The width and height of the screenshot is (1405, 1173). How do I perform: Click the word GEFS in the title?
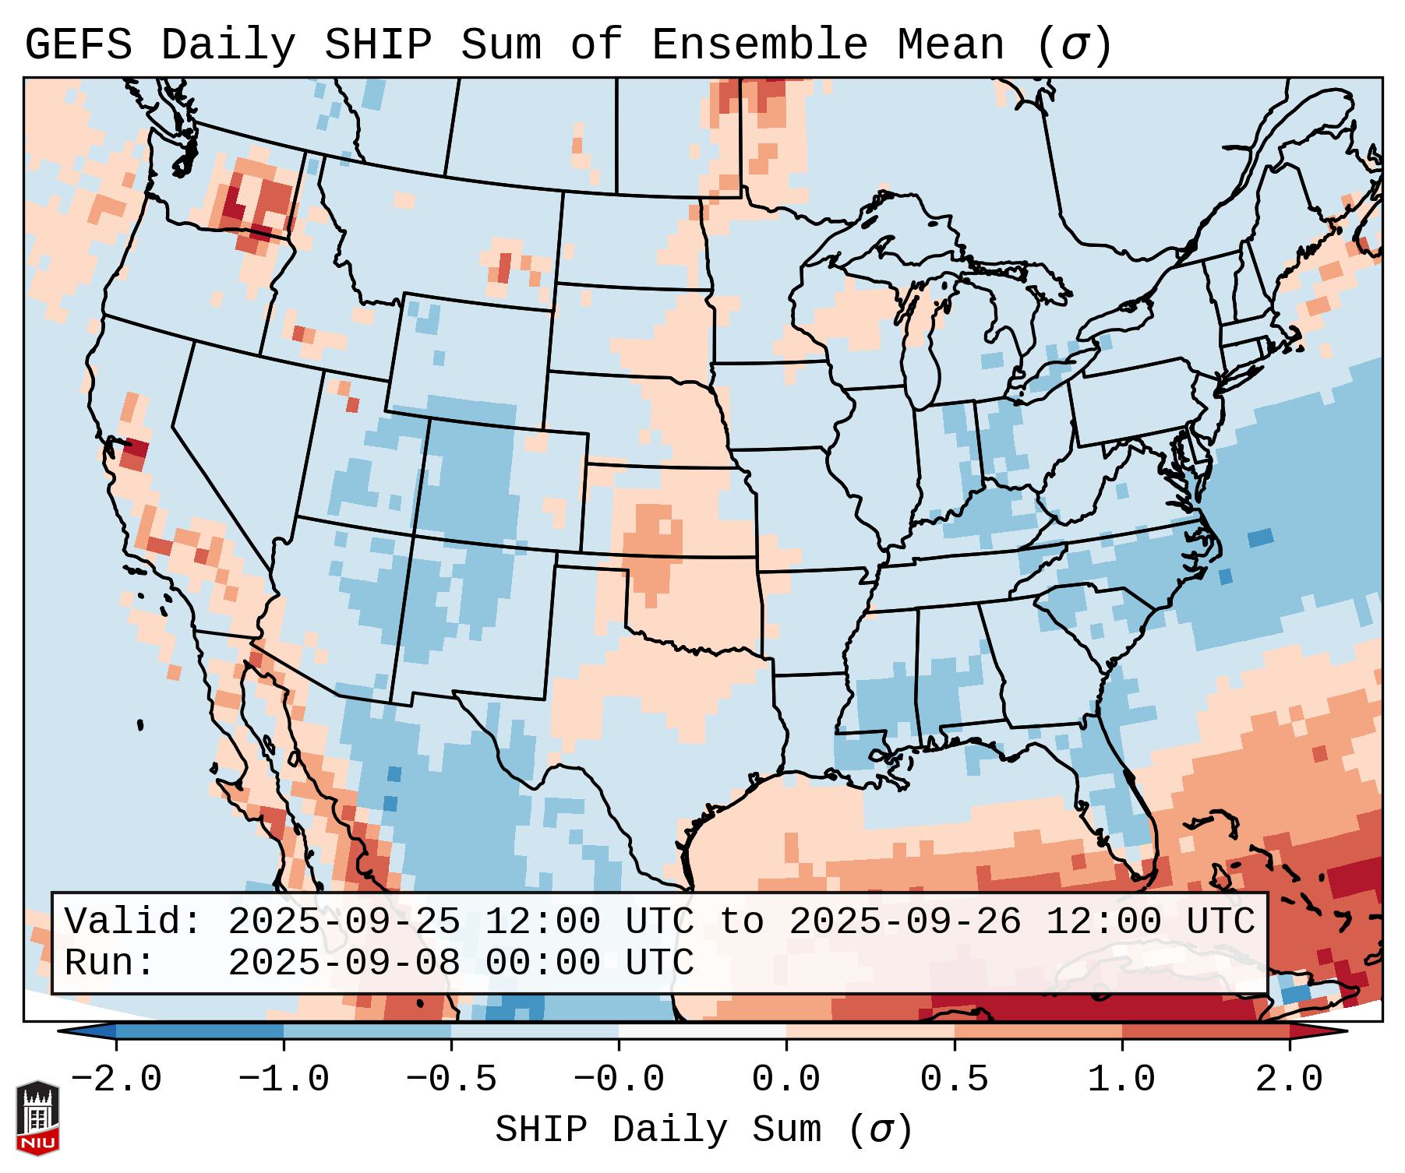click(78, 45)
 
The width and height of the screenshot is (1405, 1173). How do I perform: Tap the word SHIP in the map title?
click(377, 45)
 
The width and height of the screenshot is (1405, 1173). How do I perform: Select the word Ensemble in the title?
click(759, 45)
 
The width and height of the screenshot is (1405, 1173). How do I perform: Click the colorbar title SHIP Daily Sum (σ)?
click(703, 1130)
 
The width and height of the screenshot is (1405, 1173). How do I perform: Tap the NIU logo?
click(37, 1118)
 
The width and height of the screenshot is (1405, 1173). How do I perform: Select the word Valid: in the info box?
click(133, 922)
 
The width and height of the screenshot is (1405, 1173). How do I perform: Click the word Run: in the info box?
click(110, 963)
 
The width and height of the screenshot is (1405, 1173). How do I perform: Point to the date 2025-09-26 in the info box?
click(905, 922)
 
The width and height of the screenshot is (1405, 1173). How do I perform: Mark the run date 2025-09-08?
click(344, 963)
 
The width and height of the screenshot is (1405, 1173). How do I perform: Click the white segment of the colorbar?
click(702, 1031)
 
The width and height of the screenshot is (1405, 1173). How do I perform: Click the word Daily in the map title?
click(228, 45)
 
